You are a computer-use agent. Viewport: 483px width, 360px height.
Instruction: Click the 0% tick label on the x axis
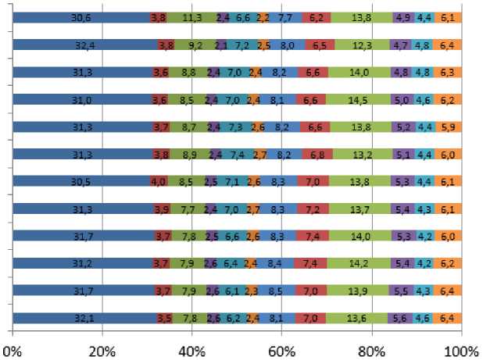(x=13, y=348)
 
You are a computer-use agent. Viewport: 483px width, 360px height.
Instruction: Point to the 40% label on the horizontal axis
(x=192, y=348)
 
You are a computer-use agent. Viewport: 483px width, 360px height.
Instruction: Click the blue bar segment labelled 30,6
(x=81, y=17)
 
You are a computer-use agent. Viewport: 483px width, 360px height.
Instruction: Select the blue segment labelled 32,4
(x=85, y=45)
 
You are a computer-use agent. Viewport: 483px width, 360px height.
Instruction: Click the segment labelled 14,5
(x=359, y=99)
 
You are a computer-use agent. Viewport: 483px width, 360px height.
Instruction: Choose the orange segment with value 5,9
(x=449, y=127)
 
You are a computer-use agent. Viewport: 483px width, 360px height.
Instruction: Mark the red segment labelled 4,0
(x=159, y=181)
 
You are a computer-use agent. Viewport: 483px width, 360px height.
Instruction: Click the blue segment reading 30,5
(x=81, y=181)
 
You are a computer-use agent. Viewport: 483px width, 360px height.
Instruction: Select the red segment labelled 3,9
(x=161, y=209)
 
